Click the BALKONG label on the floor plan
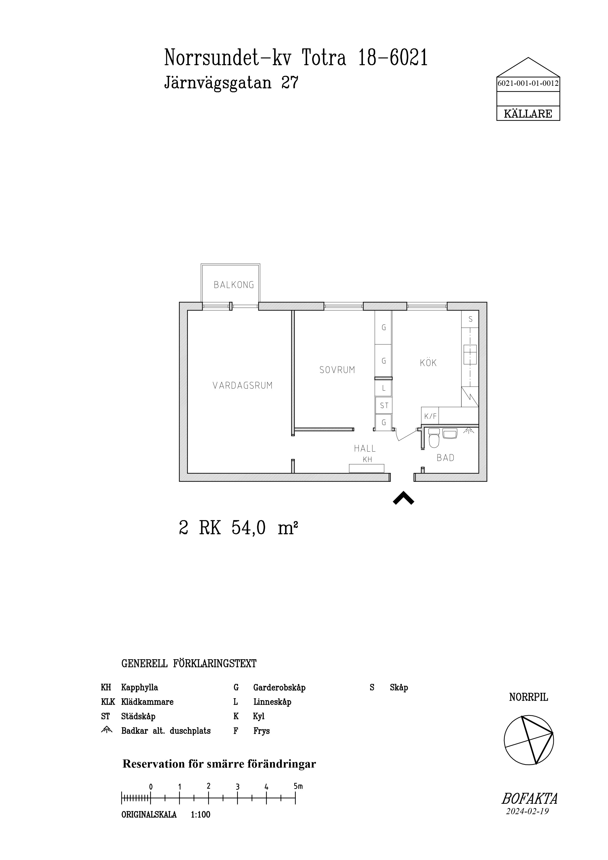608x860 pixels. [x=234, y=285]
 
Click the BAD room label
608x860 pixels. [x=445, y=458]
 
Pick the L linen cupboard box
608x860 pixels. [x=384, y=388]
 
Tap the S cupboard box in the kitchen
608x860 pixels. [x=470, y=319]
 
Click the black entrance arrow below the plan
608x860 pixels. [x=403, y=499]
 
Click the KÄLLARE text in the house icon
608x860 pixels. [x=528, y=114]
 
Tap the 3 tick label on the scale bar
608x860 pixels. [x=237, y=787]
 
